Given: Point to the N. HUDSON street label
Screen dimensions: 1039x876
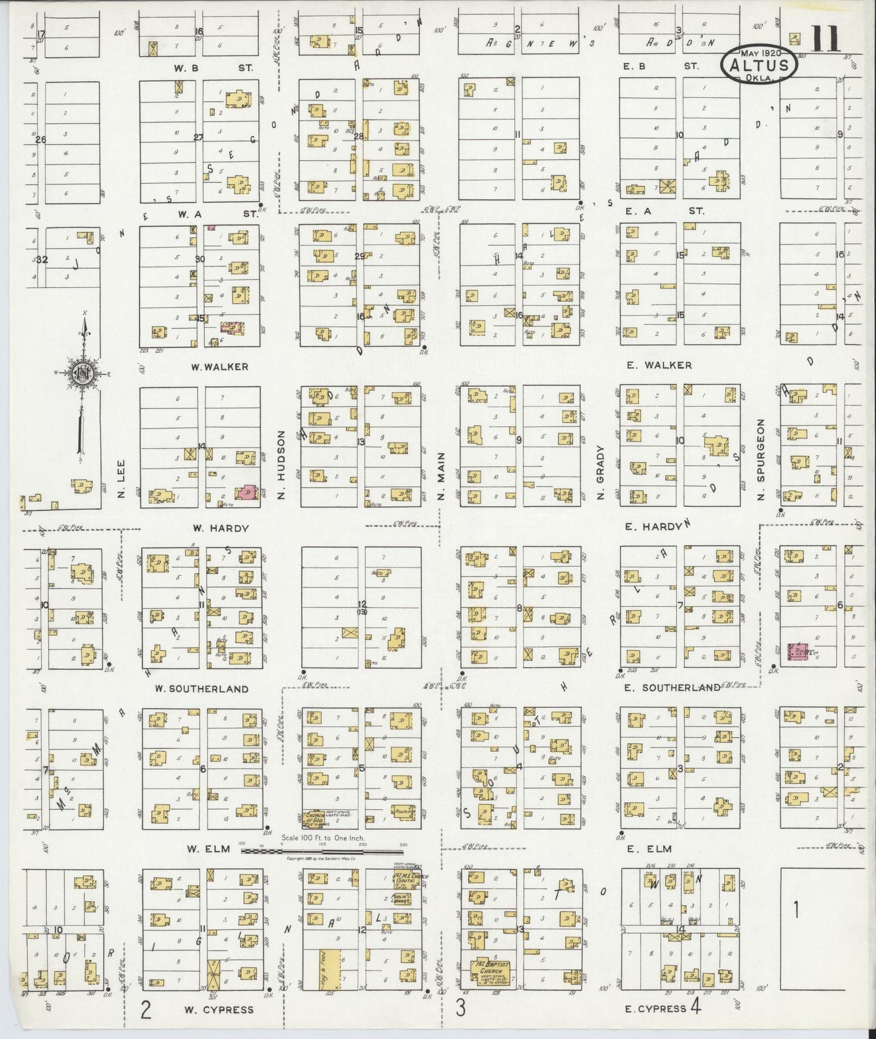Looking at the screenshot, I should coord(281,465).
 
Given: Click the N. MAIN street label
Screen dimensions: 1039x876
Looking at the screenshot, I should coord(441,476).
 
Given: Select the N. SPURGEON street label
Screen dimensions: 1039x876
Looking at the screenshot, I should coord(761,458).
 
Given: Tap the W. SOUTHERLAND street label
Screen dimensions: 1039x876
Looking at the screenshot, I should coord(201,689).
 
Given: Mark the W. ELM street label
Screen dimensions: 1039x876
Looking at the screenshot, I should coord(209,849).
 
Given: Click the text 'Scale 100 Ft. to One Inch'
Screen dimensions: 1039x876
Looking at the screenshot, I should coord(322,838).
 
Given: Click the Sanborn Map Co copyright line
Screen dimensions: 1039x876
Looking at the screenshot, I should coord(322,859).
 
